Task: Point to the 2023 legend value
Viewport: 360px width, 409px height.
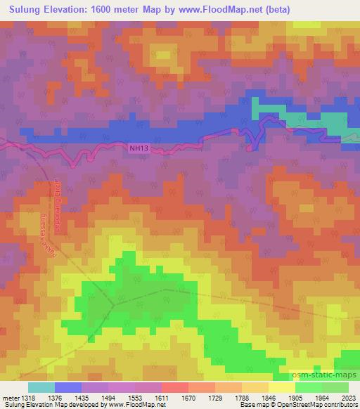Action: point(348,398)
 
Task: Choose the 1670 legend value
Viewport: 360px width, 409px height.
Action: point(174,398)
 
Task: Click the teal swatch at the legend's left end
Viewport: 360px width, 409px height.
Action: point(41,387)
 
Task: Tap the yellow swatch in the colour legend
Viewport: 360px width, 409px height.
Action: point(281,387)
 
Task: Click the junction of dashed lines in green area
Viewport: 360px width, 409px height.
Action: point(113,305)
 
